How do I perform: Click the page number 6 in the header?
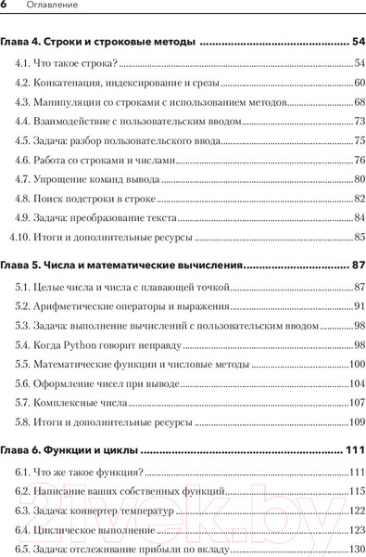tap(5, 7)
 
